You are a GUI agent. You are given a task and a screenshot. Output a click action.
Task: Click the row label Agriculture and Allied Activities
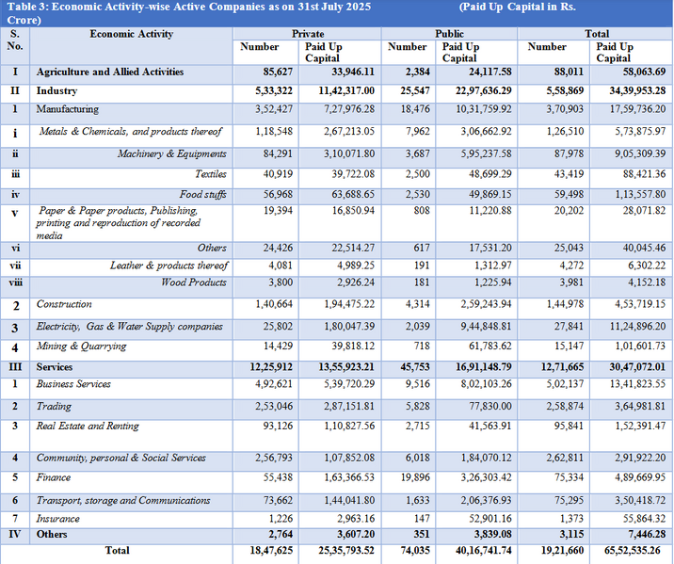click(110, 72)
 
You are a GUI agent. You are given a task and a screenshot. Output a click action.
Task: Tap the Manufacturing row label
click(68, 109)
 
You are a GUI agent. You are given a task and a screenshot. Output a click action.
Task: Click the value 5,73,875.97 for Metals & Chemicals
click(640, 131)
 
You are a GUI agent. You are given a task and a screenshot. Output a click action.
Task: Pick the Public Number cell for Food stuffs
click(417, 194)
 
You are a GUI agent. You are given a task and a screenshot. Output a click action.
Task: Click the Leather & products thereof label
click(168, 266)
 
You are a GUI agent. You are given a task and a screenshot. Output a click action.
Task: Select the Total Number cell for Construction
click(565, 304)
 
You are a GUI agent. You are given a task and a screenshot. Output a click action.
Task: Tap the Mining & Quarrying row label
click(81, 346)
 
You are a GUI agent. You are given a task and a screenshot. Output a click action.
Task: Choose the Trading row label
click(54, 406)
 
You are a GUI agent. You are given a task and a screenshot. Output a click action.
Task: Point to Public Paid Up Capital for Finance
click(486, 477)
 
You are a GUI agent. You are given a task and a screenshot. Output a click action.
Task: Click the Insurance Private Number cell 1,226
click(281, 519)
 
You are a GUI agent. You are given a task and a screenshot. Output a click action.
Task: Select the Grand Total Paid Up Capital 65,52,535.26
click(633, 550)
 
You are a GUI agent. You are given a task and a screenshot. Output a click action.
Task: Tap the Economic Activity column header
click(132, 34)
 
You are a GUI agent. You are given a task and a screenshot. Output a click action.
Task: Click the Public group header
click(449, 34)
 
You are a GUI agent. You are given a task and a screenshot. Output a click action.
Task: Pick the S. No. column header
click(15, 40)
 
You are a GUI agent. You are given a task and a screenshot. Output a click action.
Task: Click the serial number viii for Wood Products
click(15, 282)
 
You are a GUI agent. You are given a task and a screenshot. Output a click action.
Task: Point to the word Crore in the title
click(21, 20)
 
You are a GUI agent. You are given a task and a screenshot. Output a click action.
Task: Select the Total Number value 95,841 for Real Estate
click(570, 426)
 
